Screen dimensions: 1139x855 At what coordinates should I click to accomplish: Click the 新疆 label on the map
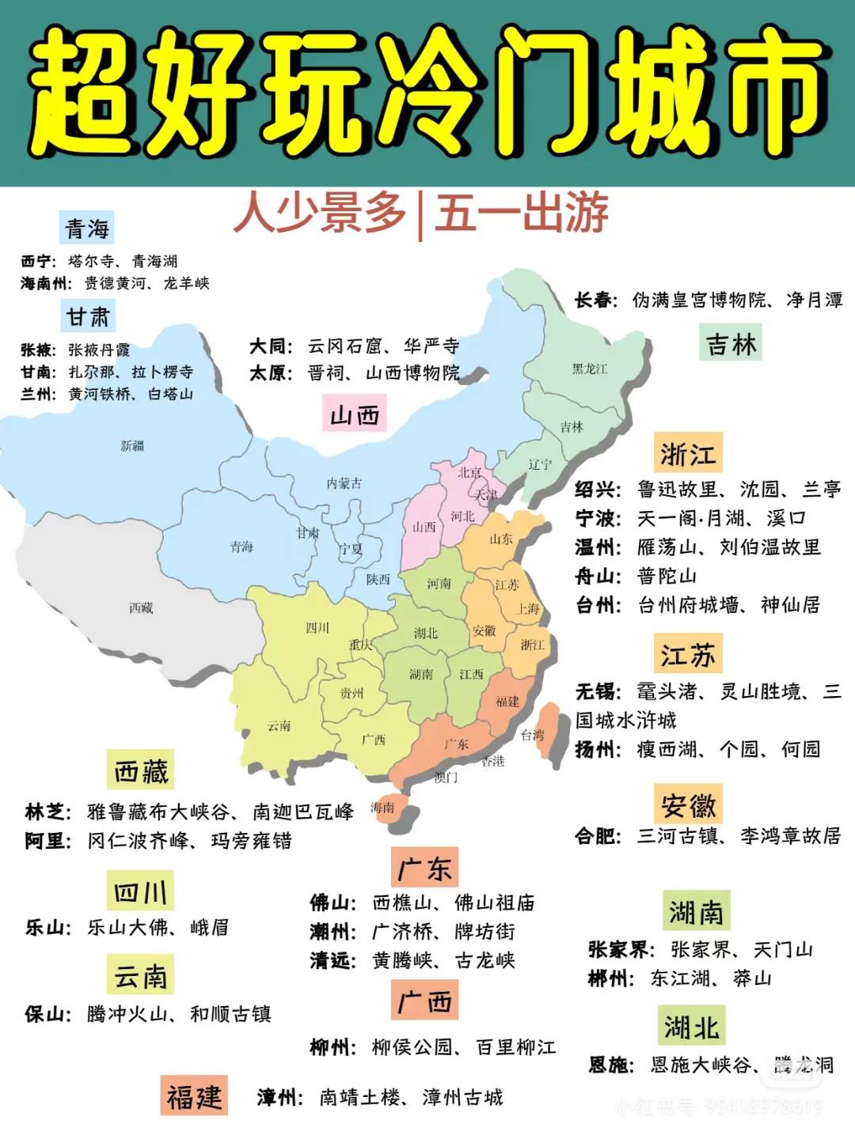pos(132,446)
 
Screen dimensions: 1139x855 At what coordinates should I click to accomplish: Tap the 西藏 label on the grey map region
pos(141,607)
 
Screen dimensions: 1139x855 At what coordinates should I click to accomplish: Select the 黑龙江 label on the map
pos(590,369)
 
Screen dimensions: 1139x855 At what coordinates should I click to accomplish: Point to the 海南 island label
pos(382,808)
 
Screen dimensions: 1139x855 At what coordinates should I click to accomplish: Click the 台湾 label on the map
pos(533,735)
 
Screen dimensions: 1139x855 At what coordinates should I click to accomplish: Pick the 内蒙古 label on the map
pos(344,483)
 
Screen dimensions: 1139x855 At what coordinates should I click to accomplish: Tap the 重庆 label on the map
pos(360,645)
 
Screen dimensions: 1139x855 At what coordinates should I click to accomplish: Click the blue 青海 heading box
pos(87,229)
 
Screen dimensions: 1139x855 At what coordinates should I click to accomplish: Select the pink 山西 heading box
pos(354,415)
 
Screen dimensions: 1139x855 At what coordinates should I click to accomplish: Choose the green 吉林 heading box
pos(731,344)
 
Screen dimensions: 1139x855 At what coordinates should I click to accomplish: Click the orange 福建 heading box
pos(194,1096)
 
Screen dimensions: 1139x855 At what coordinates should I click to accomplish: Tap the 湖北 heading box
pos(691,1027)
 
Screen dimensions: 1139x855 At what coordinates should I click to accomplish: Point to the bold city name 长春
pos(595,301)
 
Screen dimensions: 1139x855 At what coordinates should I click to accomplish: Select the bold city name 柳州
pos(332,1047)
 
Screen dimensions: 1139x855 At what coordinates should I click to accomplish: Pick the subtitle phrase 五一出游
pos(522,213)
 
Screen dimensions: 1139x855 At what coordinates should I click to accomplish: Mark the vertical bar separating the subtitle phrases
pos(419,215)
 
